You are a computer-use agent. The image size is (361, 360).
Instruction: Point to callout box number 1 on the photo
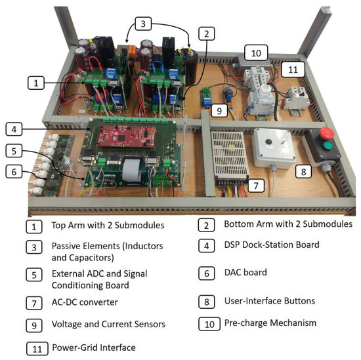coord(37,83)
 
